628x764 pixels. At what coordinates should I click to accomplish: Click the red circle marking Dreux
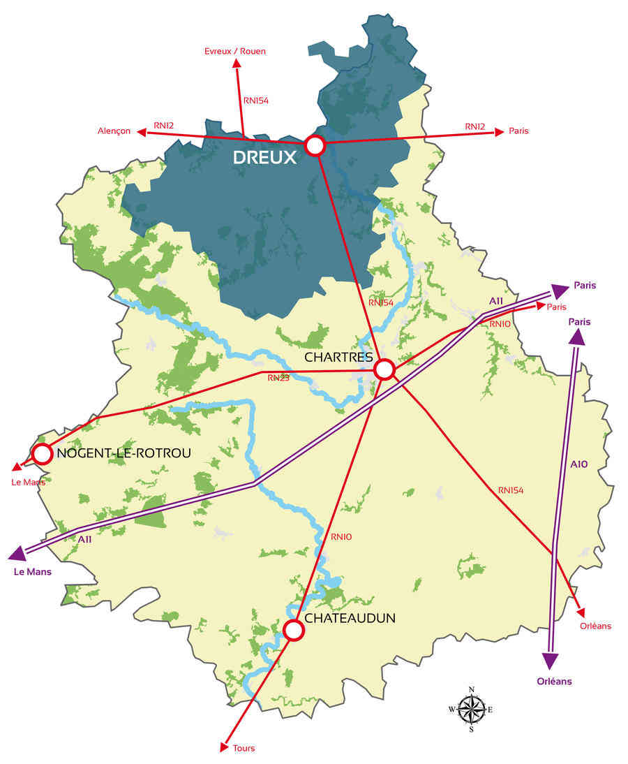pos(315,146)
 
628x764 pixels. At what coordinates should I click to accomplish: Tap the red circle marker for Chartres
pos(384,369)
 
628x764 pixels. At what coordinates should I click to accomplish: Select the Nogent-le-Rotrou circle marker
pos(43,454)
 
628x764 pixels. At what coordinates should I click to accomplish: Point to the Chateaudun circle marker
pos(294,630)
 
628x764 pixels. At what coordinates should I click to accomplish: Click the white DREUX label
pos(264,158)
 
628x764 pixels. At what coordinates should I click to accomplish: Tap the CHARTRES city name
pos(337,357)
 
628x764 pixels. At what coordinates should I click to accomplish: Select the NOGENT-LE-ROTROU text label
pos(124,453)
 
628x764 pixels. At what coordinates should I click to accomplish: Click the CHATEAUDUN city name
pos(350,618)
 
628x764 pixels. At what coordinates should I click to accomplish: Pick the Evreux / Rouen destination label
pos(235,51)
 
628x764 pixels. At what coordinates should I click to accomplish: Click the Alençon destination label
pos(114,131)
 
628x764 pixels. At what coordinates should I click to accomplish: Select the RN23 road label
pos(278,378)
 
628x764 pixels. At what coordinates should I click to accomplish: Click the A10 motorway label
pos(579,464)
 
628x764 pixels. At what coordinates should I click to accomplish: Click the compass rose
pos(472,710)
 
